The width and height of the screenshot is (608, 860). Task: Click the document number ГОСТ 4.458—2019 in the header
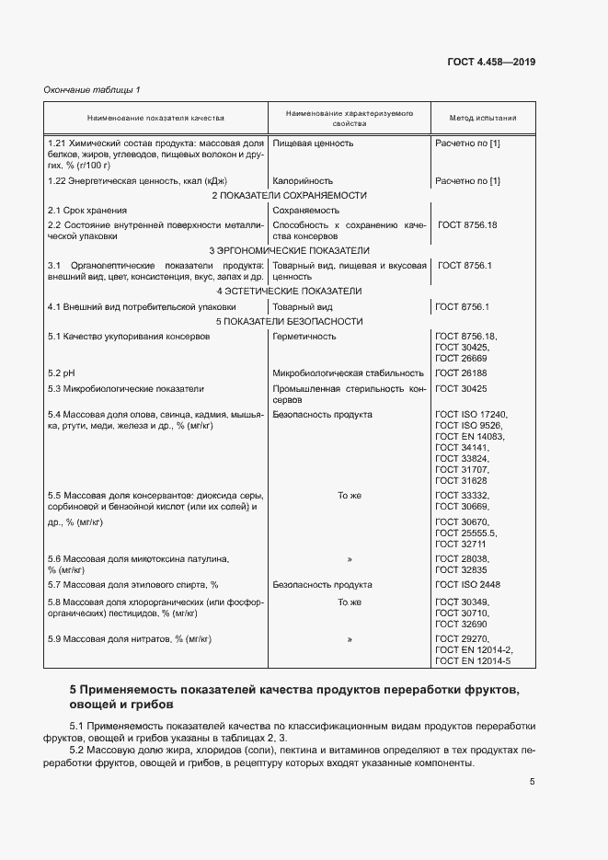pyautogui.click(x=490, y=62)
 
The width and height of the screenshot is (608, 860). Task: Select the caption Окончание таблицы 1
pyautogui.click(x=92, y=89)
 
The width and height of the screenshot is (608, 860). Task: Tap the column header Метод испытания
pyautogui.click(x=482, y=118)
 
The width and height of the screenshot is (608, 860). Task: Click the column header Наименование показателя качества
pyautogui.click(x=155, y=118)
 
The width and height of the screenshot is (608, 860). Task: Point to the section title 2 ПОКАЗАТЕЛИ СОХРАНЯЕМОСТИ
pyautogui.click(x=289, y=195)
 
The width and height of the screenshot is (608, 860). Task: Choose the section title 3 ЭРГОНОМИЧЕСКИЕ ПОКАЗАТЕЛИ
pyautogui.click(x=289, y=250)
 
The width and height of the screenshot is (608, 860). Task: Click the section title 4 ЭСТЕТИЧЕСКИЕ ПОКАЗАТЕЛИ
pyautogui.click(x=289, y=291)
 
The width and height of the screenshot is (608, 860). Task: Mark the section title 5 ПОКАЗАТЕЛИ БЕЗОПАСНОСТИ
pyautogui.click(x=289, y=321)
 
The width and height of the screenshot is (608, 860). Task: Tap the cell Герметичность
pyautogui.click(x=304, y=337)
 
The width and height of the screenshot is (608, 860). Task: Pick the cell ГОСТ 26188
pyautogui.click(x=461, y=373)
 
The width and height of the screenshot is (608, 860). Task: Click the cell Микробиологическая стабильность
pyautogui.click(x=348, y=373)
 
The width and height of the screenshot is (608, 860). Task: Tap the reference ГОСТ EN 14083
pyautogui.click(x=469, y=436)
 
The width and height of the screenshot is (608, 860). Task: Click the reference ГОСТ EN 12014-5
pyautogui.click(x=472, y=660)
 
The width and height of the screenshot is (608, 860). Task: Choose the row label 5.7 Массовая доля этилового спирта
pyautogui.click(x=132, y=585)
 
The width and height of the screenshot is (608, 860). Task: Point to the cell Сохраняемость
pyautogui.click(x=305, y=211)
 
